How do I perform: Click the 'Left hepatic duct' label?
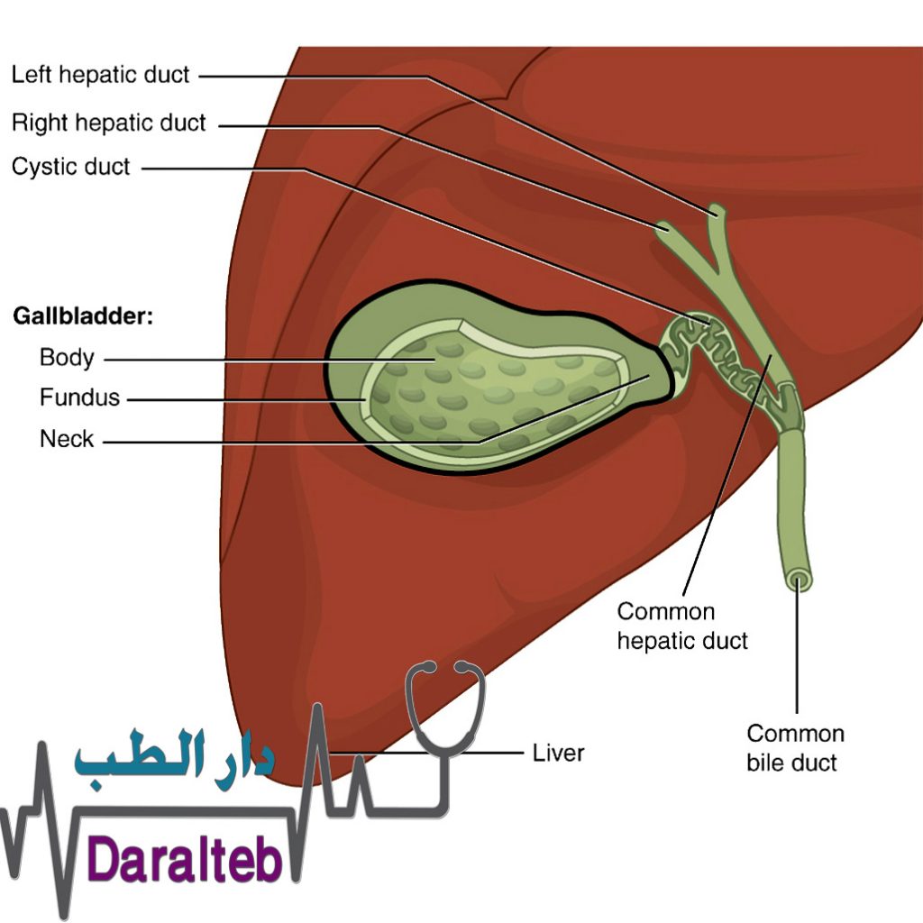[x=100, y=75]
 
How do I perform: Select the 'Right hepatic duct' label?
[x=108, y=123]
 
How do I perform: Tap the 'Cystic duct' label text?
[x=70, y=167]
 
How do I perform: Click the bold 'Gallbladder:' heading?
[x=83, y=316]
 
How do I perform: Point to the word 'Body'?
[x=67, y=358]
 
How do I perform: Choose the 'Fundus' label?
[x=79, y=398]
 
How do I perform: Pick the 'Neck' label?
[x=67, y=439]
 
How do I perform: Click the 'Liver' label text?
[x=558, y=753]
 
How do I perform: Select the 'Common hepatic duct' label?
[x=682, y=626]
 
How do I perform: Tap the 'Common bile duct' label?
[x=795, y=748]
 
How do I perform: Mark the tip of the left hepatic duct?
[x=717, y=209]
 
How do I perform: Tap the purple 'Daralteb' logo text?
[x=184, y=861]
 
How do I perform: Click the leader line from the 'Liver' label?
[x=426, y=753]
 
